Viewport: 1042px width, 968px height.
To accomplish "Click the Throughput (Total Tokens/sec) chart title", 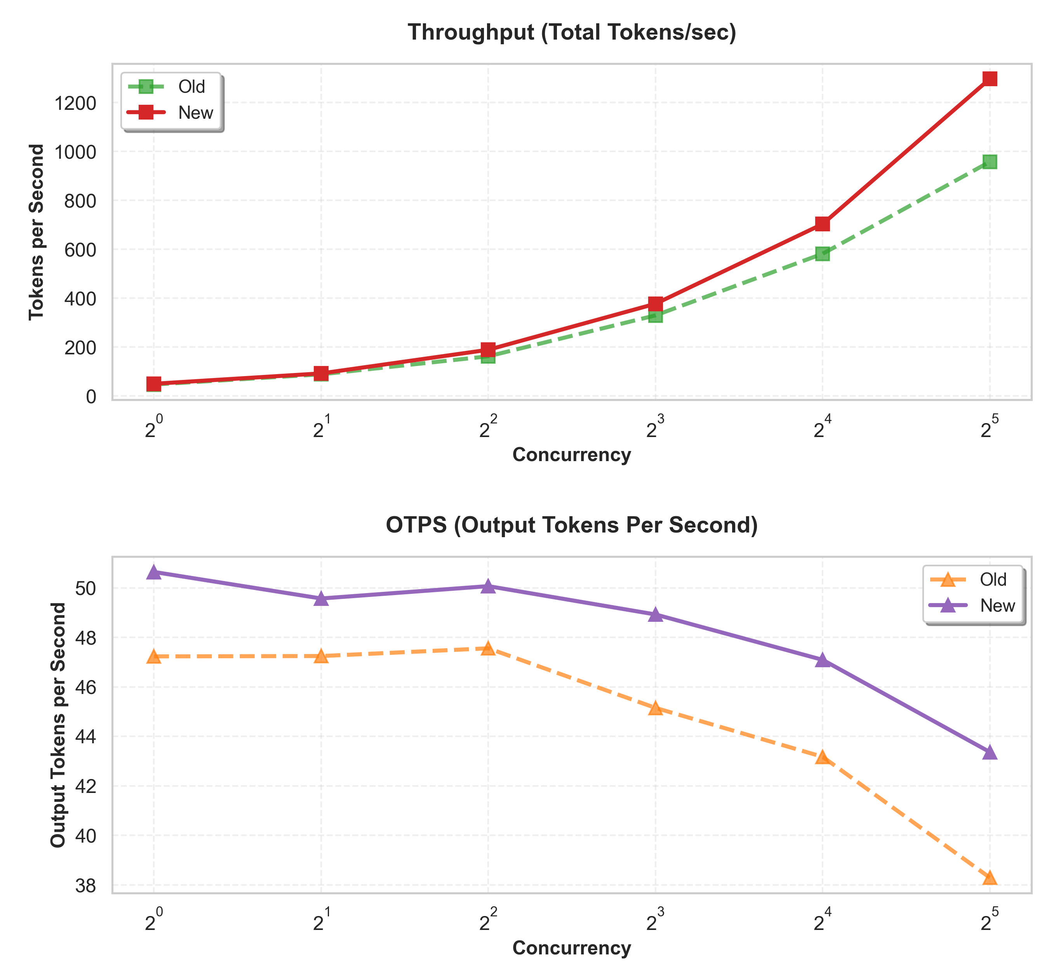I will tap(572, 33).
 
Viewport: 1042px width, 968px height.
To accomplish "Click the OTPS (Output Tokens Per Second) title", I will tap(572, 526).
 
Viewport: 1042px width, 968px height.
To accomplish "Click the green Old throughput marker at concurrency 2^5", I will tap(990, 161).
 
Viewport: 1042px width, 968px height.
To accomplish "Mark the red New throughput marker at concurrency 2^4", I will tap(823, 224).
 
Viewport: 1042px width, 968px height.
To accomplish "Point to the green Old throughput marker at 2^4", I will tap(823, 254).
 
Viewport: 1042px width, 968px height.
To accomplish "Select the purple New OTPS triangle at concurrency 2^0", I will tap(153, 572).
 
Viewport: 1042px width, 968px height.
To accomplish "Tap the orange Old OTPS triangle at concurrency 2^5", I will tap(990, 878).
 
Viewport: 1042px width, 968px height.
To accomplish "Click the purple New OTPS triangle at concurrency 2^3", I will tap(655, 615).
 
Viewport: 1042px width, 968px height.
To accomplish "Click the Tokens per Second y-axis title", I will tap(36, 232).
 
